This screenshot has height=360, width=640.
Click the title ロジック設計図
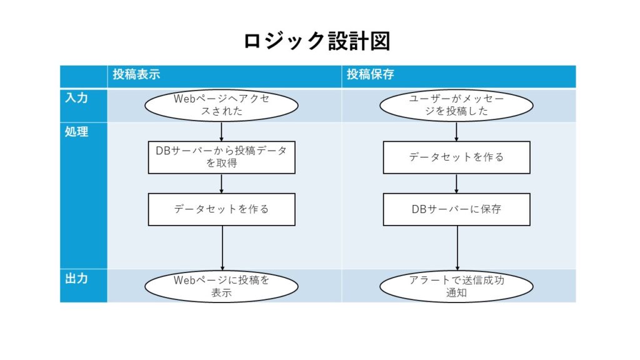[x=317, y=41]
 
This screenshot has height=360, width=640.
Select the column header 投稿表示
[x=136, y=74]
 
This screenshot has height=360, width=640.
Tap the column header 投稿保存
[x=370, y=74]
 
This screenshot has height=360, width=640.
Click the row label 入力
[x=76, y=98]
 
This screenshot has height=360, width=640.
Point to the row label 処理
[x=76, y=132]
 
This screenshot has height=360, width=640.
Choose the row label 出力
[x=76, y=278]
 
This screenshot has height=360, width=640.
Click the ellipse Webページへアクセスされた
[x=222, y=105]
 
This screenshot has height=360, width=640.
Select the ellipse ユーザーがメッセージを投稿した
[x=456, y=105]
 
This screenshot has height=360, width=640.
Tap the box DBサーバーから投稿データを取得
[x=222, y=157]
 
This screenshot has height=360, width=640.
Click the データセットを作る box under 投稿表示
[x=222, y=209]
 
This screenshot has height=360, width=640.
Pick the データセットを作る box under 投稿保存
[x=457, y=157]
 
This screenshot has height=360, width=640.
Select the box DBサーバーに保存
[x=457, y=209]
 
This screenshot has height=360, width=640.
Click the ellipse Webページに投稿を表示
[x=222, y=286]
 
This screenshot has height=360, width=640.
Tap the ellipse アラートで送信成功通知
[x=456, y=286]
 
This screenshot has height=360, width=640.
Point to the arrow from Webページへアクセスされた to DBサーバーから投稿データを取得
[x=222, y=131]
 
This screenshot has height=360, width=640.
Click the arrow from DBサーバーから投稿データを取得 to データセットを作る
[x=222, y=184]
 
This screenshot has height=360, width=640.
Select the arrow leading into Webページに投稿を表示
[x=222, y=248]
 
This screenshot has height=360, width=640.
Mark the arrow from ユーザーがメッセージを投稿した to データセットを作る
[x=456, y=131]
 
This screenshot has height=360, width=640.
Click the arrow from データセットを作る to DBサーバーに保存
[x=456, y=184]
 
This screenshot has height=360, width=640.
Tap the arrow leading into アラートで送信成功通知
[x=457, y=248]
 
